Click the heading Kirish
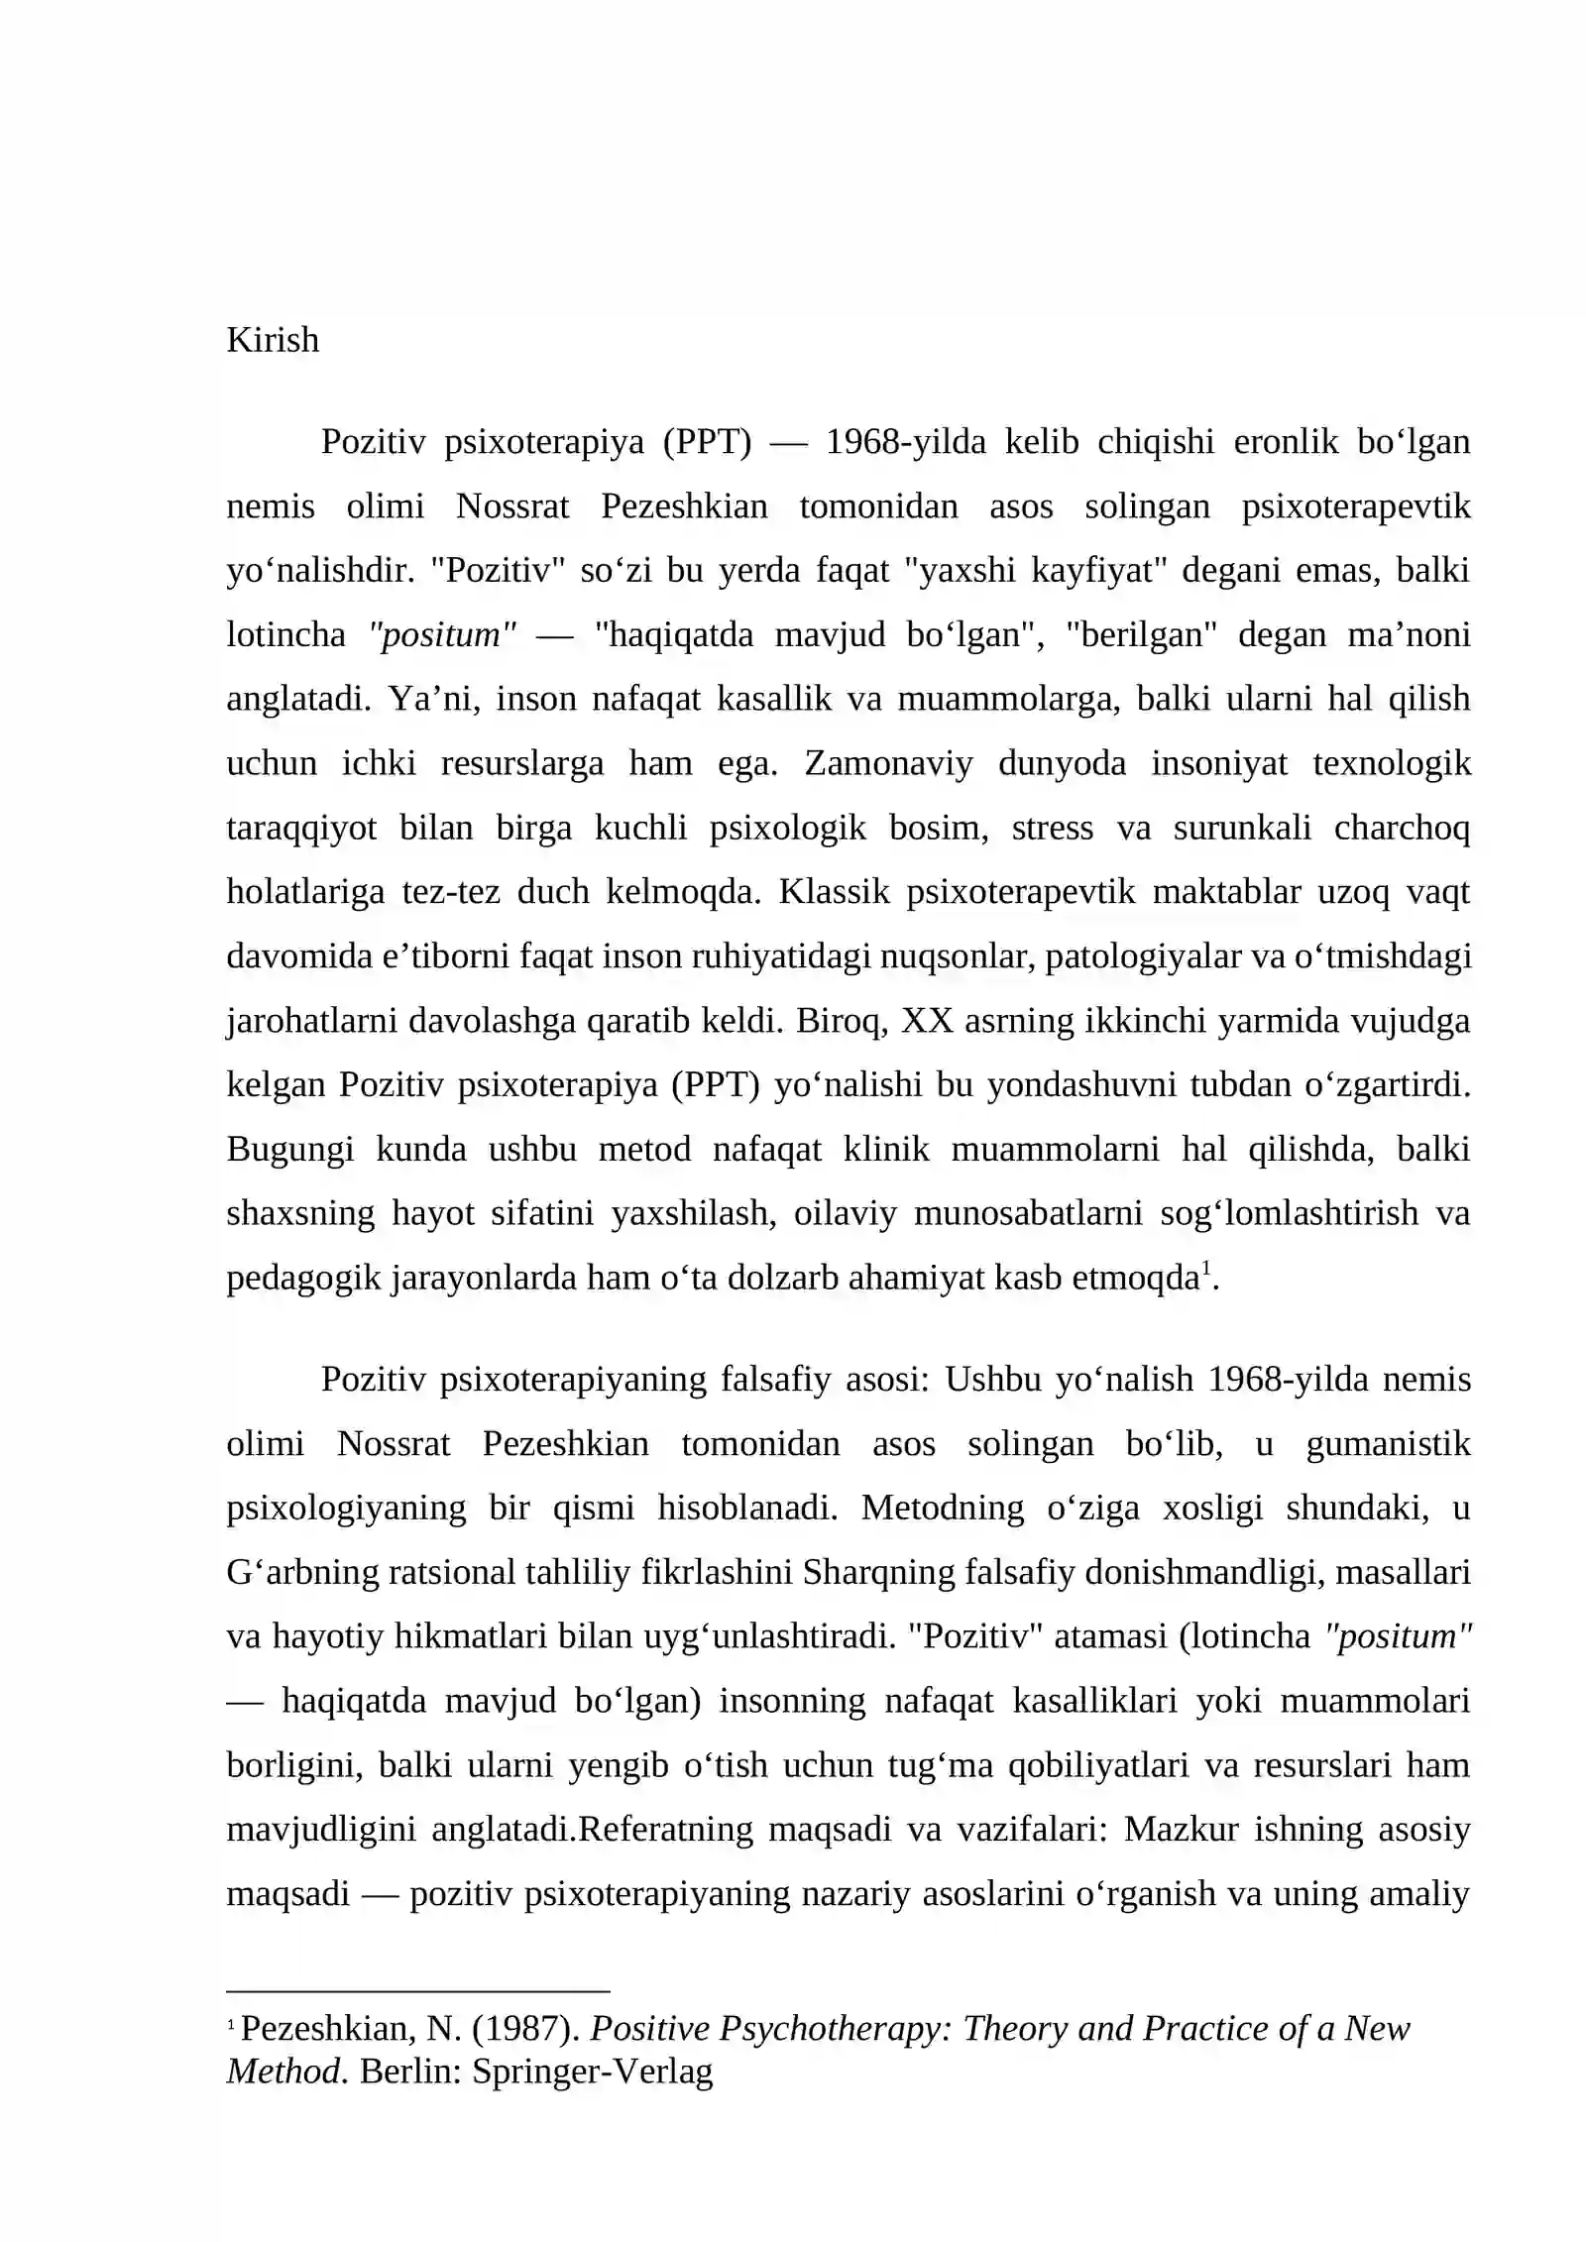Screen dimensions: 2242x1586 [273, 340]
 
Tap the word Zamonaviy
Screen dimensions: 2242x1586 [888, 763]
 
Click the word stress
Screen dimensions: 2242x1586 [1052, 828]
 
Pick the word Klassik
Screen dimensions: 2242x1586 [834, 892]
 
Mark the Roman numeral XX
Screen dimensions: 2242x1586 [927, 1021]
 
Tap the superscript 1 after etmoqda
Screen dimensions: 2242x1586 [1206, 1269]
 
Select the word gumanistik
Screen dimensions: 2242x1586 [1388, 1444]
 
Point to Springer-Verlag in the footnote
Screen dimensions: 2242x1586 [592, 2072]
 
